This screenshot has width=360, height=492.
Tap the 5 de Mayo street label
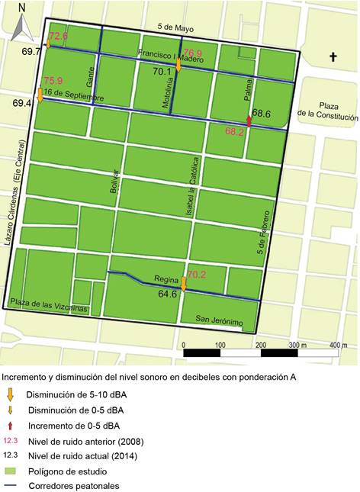174,28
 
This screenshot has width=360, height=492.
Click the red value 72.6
59,36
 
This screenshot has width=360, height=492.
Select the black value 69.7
32,51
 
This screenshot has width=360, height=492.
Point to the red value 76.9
193,53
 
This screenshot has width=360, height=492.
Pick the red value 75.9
53,81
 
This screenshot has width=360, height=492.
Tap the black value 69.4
22,101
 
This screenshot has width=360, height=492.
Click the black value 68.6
262,113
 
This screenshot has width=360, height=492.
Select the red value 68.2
235,131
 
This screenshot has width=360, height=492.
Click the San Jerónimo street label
219,320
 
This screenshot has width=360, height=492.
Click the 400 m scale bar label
338,345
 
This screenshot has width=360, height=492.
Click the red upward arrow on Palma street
249,121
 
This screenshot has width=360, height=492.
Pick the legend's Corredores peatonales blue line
11,485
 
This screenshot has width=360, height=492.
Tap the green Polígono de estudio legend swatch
11,471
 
